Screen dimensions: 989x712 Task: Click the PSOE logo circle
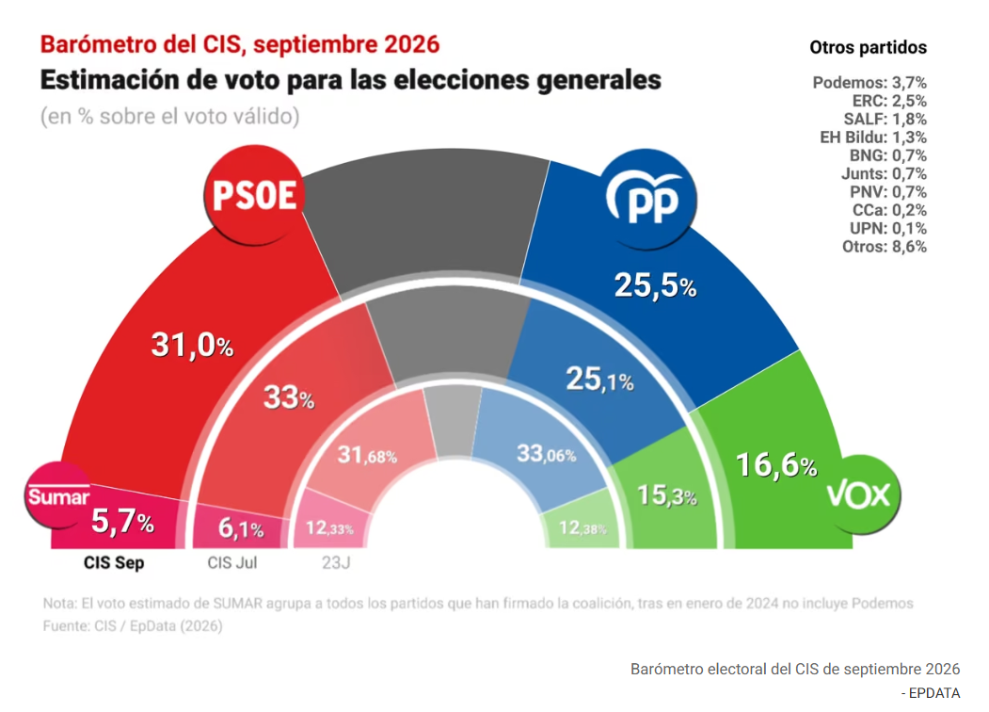click(x=254, y=195)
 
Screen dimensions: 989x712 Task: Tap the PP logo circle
click(x=647, y=200)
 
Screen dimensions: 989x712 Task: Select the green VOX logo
click(x=859, y=494)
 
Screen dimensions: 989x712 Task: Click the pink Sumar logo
click(x=58, y=496)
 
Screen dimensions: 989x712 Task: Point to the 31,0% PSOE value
click(x=192, y=346)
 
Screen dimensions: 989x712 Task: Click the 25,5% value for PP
click(x=655, y=285)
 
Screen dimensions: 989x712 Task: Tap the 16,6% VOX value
click(x=776, y=465)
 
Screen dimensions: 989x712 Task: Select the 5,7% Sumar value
click(x=122, y=522)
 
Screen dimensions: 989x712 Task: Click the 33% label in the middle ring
click(x=289, y=397)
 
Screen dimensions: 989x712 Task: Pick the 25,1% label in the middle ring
click(x=599, y=380)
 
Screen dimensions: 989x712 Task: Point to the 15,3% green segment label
click(x=666, y=495)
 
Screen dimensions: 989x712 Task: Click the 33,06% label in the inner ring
click(x=546, y=453)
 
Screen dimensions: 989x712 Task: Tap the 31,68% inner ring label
click(x=367, y=455)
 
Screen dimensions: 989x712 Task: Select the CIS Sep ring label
click(x=114, y=562)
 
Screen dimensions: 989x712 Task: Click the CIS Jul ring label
click(x=232, y=562)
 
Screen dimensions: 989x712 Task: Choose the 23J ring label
click(x=336, y=562)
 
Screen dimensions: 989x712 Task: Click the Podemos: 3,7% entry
click(x=869, y=83)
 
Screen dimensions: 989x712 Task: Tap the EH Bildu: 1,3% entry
click(x=873, y=137)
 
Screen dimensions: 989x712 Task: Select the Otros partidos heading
click(x=868, y=47)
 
